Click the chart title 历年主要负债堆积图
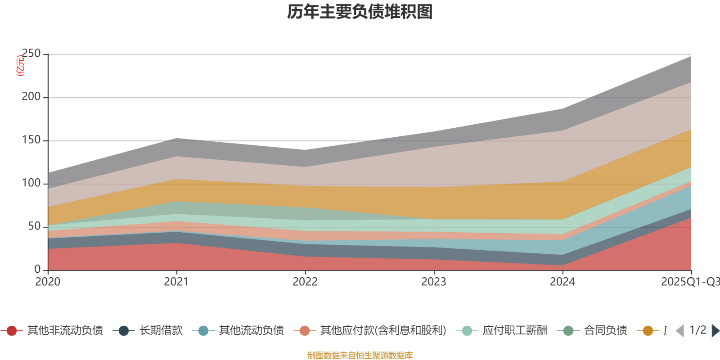click(x=360, y=12)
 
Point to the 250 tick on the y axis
click(x=31, y=54)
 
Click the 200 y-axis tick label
click(x=31, y=97)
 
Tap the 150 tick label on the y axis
click(x=31, y=140)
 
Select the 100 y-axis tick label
click(x=31, y=184)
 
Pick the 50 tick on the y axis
click(x=35, y=227)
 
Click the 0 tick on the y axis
click(x=38, y=270)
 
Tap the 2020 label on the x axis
click(x=48, y=282)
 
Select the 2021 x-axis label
click(x=176, y=282)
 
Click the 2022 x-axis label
click(x=305, y=282)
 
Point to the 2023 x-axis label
click(x=434, y=282)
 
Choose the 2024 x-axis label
click(x=562, y=282)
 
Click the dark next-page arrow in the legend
click(x=715, y=331)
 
